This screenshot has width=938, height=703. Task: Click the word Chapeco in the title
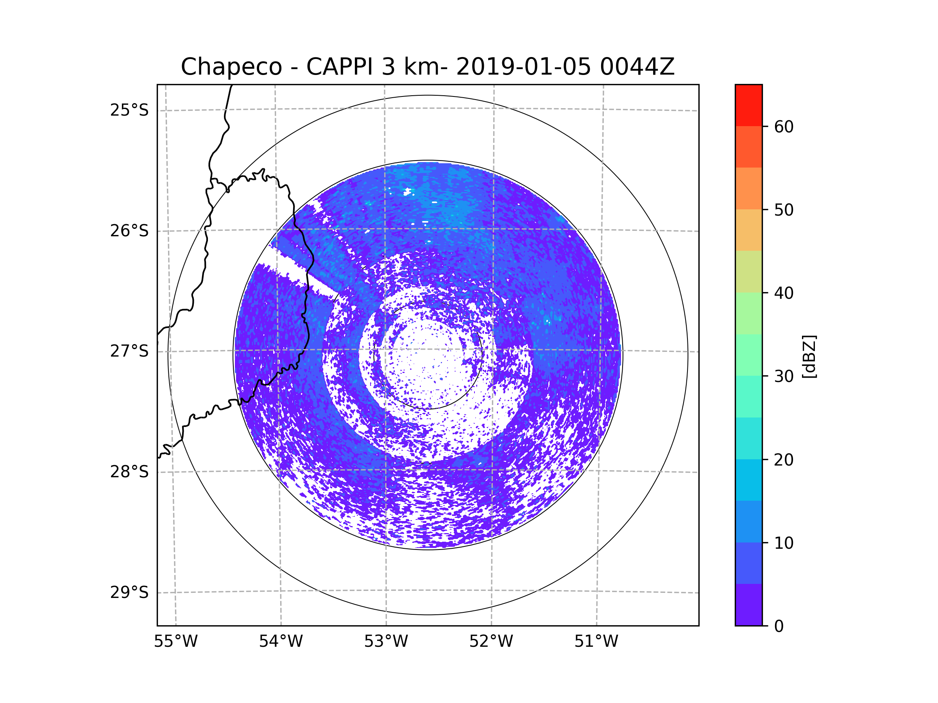(231, 67)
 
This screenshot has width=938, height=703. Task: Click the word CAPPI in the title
(340, 67)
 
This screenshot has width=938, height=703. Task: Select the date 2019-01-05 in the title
(523, 67)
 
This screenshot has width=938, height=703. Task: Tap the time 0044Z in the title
(637, 67)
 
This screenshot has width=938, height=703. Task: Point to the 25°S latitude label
(129, 110)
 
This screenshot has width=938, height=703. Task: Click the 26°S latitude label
(129, 231)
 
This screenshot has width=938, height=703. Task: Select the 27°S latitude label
(129, 351)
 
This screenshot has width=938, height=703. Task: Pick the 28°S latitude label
(129, 472)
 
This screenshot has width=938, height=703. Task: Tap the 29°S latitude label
(129, 592)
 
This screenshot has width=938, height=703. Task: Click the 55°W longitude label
(175, 642)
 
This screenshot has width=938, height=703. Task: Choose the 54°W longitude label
(281, 642)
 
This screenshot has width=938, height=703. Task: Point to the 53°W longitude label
(386, 642)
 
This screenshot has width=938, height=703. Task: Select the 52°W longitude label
(491, 642)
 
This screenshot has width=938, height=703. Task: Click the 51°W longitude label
(596, 642)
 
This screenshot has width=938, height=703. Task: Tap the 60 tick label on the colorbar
(784, 127)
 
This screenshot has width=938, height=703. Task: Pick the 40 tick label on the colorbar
(784, 293)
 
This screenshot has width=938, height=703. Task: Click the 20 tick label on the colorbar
(784, 460)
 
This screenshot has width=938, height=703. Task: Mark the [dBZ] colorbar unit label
(809, 356)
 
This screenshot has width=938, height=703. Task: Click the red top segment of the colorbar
(748, 105)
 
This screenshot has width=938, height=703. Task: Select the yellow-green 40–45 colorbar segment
(748, 271)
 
